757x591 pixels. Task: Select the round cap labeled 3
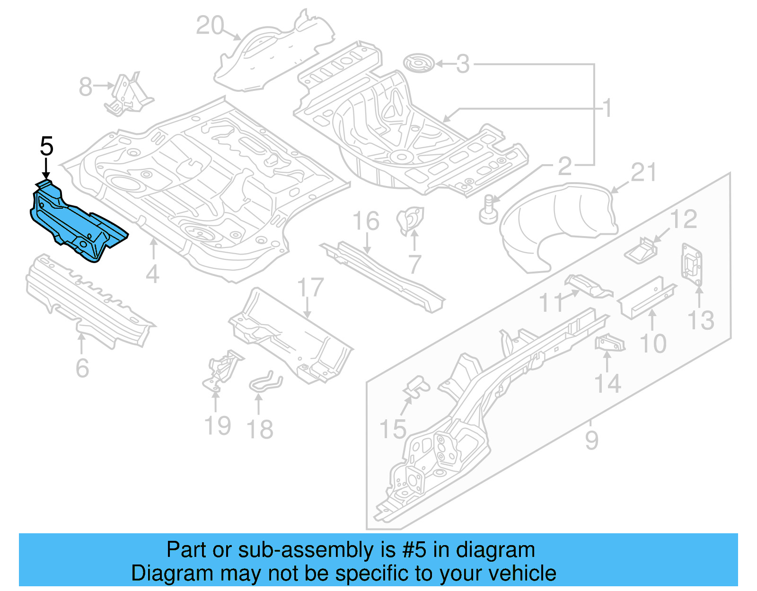click(419, 63)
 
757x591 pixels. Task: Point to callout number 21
click(643, 173)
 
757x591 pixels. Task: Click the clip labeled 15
click(416, 386)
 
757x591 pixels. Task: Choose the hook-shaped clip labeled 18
click(265, 381)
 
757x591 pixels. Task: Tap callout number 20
click(210, 26)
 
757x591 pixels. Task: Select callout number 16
click(366, 221)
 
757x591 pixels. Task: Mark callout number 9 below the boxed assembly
click(591, 440)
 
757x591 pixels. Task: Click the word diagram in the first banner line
click(495, 550)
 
